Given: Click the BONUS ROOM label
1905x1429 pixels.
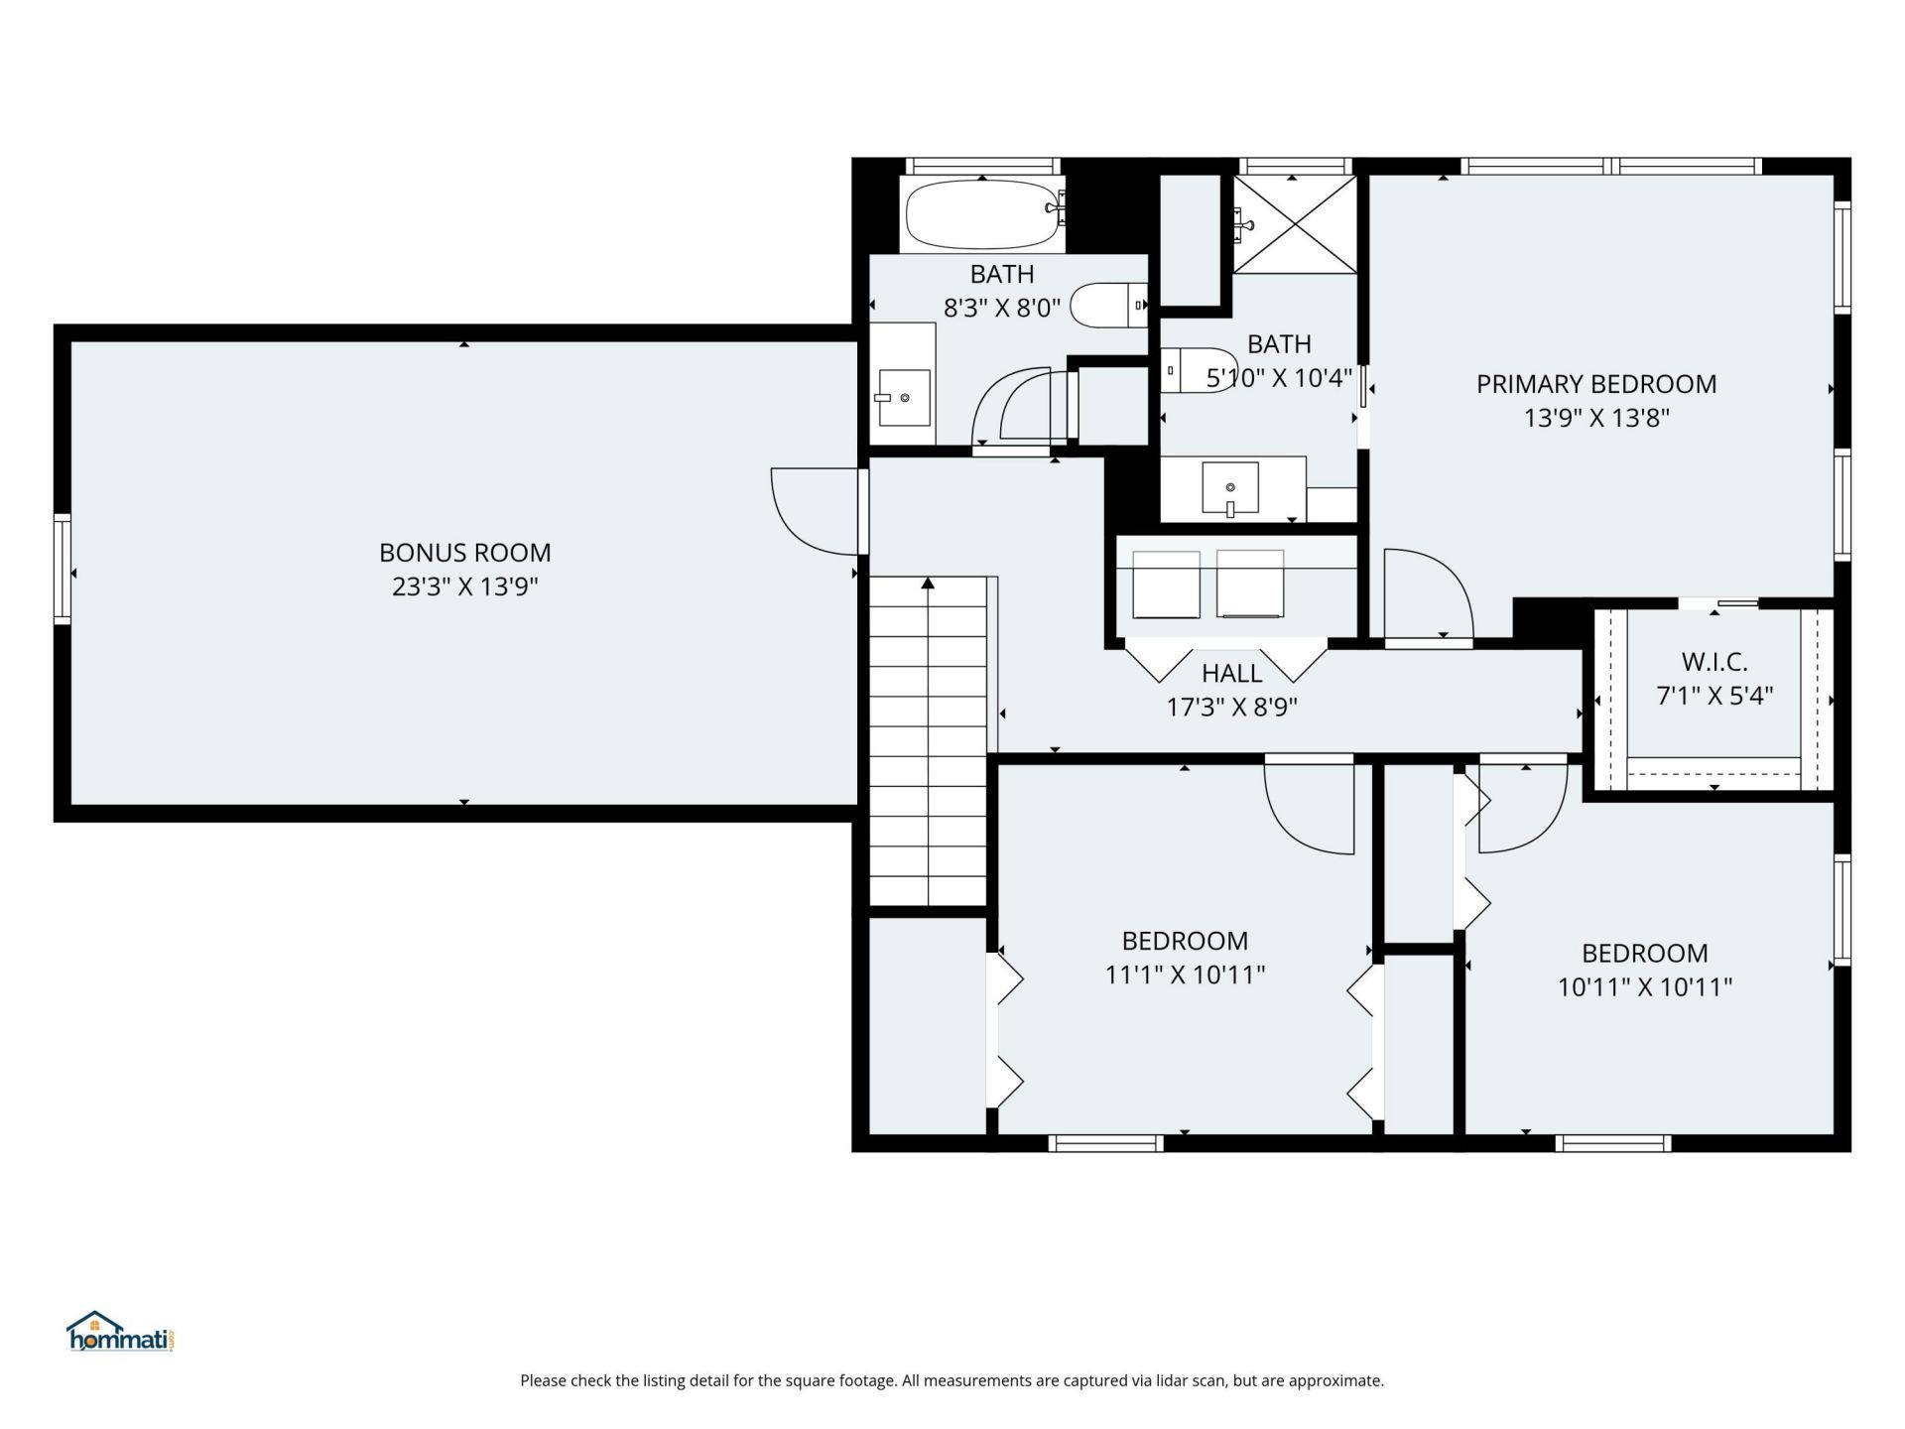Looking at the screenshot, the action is click(464, 553).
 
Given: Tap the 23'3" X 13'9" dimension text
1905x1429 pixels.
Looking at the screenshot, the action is click(464, 586).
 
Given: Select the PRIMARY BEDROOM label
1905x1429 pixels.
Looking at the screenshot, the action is click(1596, 384).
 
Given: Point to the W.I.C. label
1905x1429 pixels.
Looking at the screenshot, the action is click(1714, 662).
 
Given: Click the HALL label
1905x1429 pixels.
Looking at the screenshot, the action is click(1232, 674).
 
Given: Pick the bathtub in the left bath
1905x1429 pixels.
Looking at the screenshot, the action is click(982, 214).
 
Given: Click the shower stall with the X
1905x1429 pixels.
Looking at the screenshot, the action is click(1295, 224).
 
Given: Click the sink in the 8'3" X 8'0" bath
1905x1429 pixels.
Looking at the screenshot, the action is click(904, 397).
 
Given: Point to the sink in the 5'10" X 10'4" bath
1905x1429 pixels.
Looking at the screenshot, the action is click(1230, 488).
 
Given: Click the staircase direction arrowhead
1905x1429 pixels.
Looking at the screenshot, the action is click(928, 584).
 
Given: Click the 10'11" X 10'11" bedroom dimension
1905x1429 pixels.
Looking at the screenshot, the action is click(1645, 987).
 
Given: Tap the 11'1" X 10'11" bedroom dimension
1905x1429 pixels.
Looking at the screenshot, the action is click(1186, 974).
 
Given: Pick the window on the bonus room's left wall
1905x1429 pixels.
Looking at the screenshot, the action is click(63, 569).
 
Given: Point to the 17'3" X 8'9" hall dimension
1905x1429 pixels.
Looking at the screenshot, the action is click(1232, 708).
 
